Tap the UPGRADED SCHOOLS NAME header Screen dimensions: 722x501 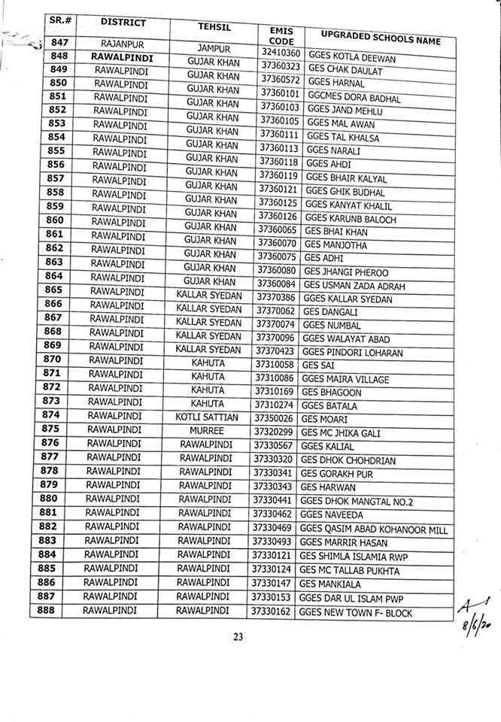380,38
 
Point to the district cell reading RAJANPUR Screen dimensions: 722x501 123,44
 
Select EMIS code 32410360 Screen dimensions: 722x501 281,53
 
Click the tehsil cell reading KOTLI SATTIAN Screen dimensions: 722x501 207,417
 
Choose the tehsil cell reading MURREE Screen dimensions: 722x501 207,431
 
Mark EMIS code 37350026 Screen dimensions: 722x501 274,418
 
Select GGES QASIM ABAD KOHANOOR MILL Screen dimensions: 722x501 373,529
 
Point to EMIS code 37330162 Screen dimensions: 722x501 272,612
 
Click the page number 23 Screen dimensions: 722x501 238,637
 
